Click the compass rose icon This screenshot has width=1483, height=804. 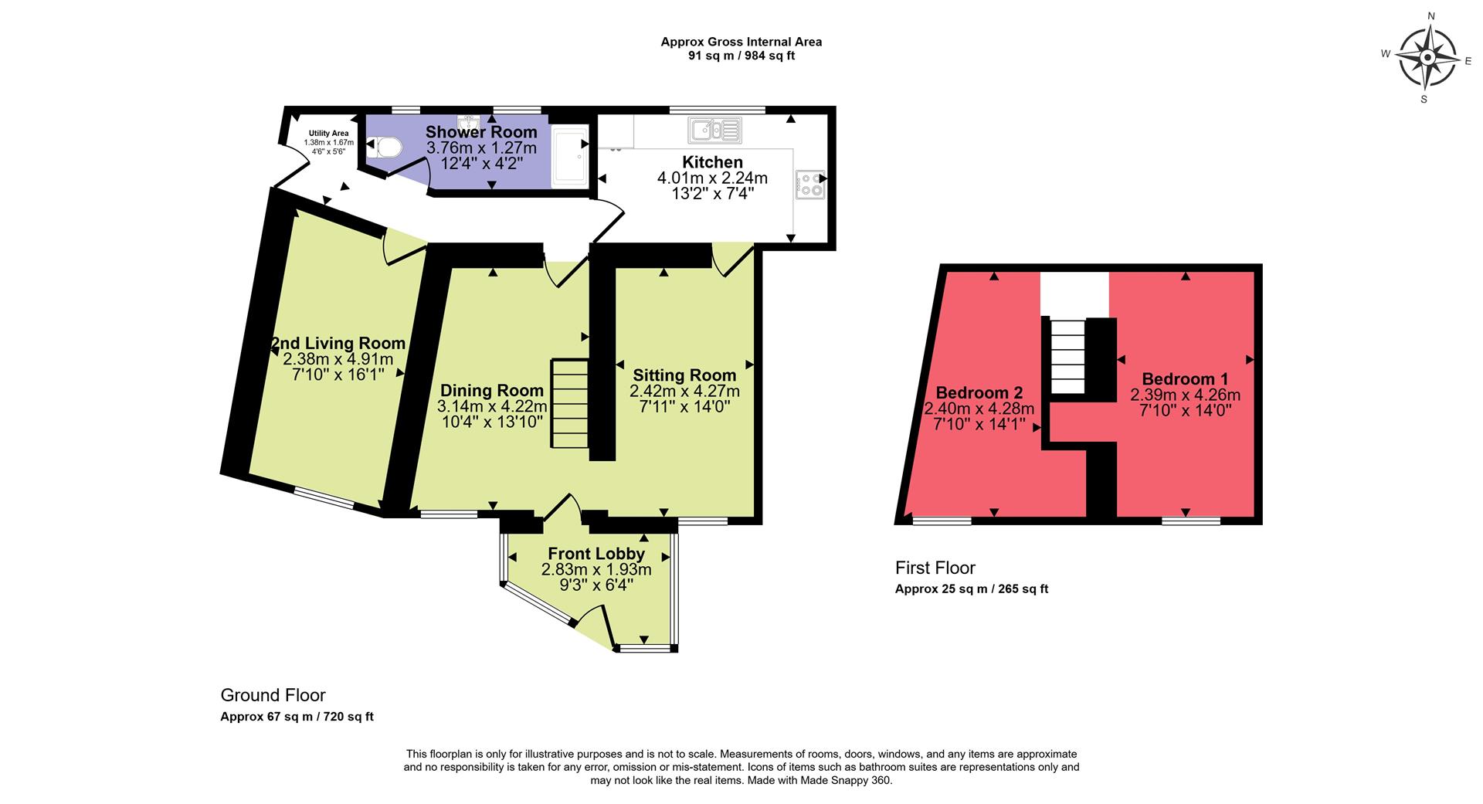(x=1427, y=58)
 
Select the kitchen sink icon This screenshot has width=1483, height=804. (x=715, y=131)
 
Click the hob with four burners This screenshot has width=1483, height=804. (x=809, y=185)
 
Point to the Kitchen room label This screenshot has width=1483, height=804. (x=712, y=162)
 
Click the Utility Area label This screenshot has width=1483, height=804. (x=328, y=134)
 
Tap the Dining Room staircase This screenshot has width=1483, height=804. (x=570, y=403)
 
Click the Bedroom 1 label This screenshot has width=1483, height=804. (x=1184, y=379)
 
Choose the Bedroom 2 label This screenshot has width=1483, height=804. (x=979, y=392)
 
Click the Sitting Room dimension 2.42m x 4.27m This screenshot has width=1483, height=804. (x=684, y=392)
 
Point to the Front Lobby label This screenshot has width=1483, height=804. (x=596, y=554)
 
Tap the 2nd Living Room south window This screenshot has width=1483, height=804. (x=323, y=497)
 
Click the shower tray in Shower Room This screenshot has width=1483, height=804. (x=571, y=158)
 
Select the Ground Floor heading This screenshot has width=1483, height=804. (x=273, y=695)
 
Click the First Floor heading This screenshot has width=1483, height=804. (x=935, y=568)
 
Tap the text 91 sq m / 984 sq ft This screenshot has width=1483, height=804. (x=741, y=56)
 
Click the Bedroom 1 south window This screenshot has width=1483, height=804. (x=1190, y=521)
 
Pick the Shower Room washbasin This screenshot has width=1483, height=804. (x=469, y=124)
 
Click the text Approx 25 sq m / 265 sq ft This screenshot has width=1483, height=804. (x=971, y=589)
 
